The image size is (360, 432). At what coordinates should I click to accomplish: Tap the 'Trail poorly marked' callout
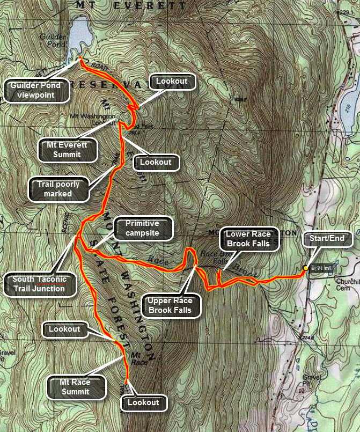pyautogui.click(x=58, y=189)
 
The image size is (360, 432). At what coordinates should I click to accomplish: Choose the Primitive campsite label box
pyautogui.click(x=142, y=228)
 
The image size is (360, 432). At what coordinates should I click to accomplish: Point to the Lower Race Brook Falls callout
pyautogui.click(x=248, y=239)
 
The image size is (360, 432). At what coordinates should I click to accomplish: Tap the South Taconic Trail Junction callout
pyautogui.click(x=40, y=284)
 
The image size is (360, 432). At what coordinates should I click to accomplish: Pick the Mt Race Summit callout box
pyautogui.click(x=75, y=387)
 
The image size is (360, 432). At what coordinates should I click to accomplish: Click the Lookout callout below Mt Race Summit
pyautogui.click(x=143, y=402)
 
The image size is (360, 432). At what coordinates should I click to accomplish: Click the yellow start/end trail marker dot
pyautogui.click(x=305, y=268)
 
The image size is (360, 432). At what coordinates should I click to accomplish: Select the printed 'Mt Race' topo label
pyautogui.click(x=139, y=358)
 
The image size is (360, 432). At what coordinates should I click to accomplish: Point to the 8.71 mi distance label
pyautogui.click(x=322, y=268)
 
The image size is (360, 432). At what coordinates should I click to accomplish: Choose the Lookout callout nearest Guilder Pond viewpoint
pyautogui.click(x=171, y=81)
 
